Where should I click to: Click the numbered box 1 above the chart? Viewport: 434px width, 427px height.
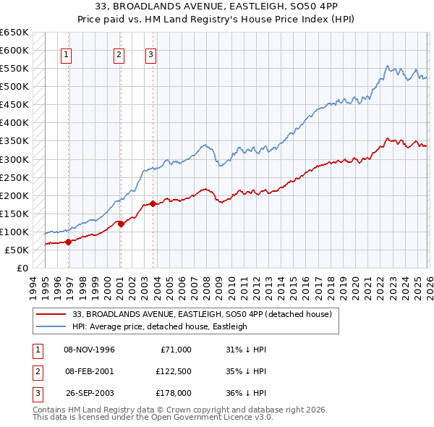pos(66,54)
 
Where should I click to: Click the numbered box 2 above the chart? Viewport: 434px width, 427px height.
pos(119,54)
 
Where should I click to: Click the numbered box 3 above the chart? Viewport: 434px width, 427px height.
pos(150,54)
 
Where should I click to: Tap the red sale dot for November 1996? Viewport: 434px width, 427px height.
pos(69,242)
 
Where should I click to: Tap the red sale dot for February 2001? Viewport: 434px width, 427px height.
pos(121,224)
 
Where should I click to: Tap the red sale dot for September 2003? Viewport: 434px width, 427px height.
pos(153,203)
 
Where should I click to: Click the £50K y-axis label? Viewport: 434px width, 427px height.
pos(17,250)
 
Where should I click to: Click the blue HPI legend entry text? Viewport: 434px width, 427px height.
pos(159,326)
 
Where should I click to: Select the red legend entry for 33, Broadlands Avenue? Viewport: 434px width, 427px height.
pos(202,314)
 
